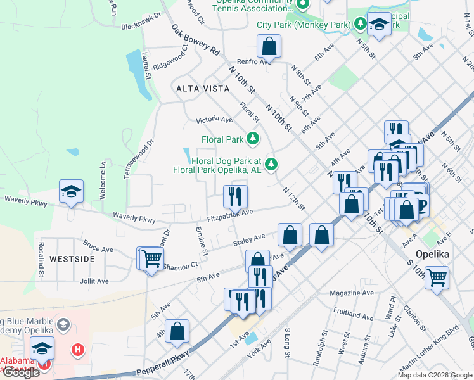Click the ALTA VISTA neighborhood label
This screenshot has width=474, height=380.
pos(203,89)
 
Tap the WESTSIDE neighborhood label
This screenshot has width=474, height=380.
pos(72,259)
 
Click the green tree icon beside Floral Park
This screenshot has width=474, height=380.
pos(253,139)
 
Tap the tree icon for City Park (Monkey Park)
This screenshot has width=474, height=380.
pos(361,25)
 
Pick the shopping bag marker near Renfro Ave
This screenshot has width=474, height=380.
pos(269,47)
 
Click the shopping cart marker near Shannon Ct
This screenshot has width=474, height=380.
pos(151,259)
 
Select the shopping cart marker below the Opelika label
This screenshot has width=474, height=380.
pos(437,277)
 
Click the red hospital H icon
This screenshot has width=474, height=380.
pos(77,349)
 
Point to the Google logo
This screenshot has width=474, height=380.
pos(21,372)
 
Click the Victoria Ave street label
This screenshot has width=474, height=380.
pos(214,119)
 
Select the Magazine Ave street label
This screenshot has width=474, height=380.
pos(352,293)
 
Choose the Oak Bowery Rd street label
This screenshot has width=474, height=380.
pos(195,39)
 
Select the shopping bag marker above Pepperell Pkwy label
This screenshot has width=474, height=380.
pos(178,331)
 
